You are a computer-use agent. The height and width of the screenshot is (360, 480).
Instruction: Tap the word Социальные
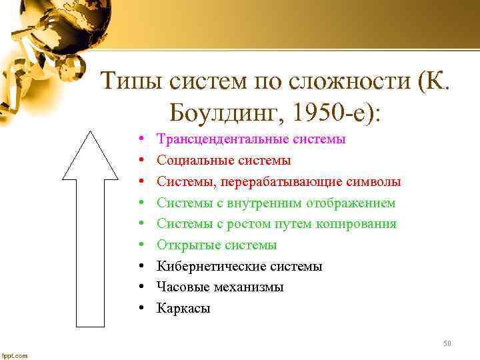(189, 161)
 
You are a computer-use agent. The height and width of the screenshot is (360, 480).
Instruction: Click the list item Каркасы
(183, 308)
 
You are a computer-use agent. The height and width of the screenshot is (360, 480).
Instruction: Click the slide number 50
(447, 343)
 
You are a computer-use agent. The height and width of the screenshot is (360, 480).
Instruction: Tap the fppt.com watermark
(15, 355)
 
